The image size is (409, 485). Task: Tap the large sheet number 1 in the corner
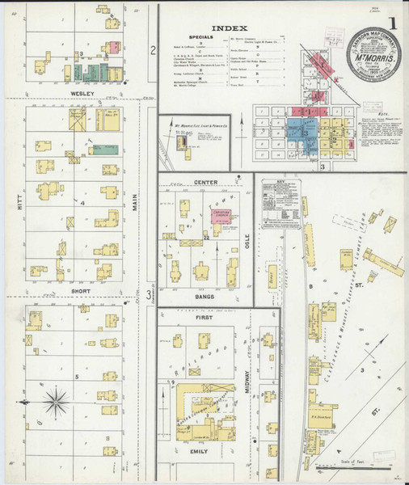[391, 23]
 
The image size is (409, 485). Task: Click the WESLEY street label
[82, 94]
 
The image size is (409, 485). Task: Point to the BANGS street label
[205, 297]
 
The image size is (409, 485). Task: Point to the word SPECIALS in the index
[200, 37]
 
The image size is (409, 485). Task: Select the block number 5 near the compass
[76, 376]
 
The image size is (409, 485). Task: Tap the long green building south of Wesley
[106, 149]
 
